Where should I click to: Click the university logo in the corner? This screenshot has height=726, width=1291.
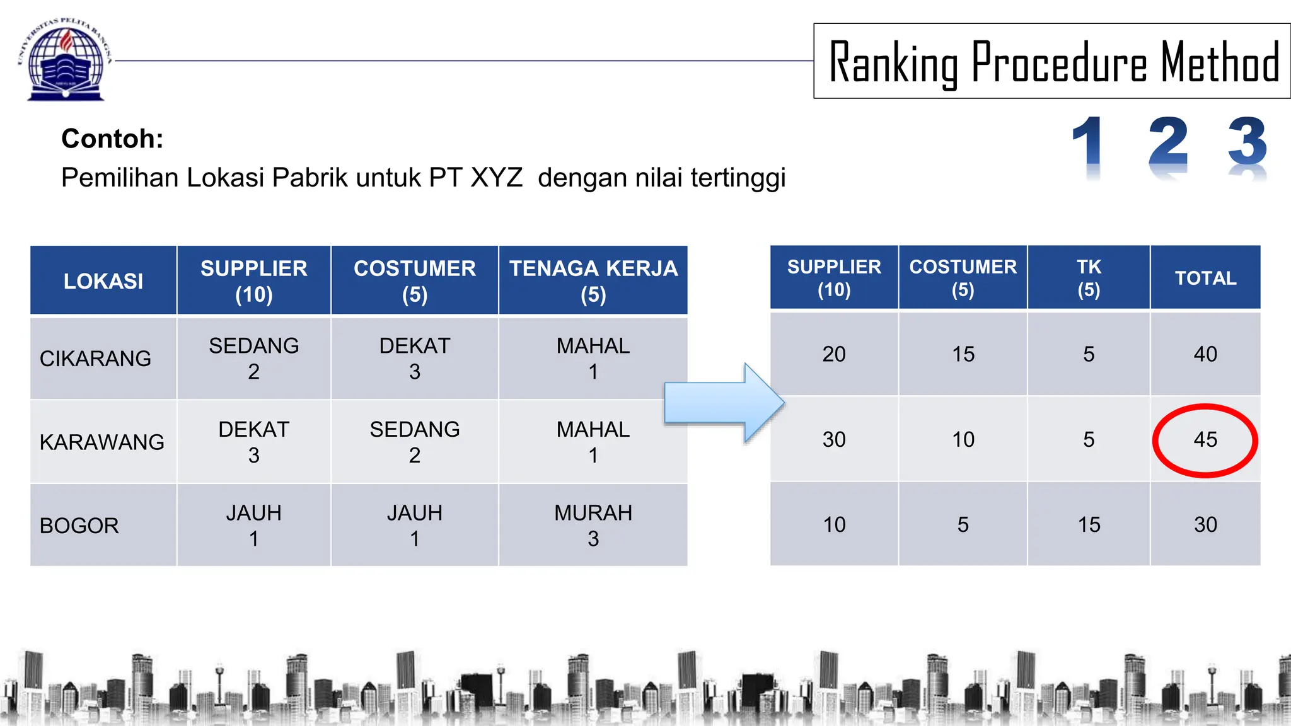66,60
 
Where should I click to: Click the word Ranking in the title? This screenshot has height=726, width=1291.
893,63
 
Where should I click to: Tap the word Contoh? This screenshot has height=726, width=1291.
112,139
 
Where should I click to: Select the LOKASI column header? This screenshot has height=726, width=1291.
103,281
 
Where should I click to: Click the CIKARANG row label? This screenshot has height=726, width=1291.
95,359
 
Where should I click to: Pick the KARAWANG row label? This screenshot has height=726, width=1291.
101,442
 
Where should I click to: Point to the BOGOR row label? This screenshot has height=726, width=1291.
79,526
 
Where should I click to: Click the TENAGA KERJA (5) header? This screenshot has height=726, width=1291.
593,281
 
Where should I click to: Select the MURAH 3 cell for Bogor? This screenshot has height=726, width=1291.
593,526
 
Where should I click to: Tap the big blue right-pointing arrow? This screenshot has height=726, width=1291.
724,403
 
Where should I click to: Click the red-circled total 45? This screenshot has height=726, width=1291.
1205,440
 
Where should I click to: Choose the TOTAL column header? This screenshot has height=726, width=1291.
1205,278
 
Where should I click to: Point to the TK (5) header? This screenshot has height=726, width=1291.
1089,278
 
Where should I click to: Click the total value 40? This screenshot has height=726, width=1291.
1205,354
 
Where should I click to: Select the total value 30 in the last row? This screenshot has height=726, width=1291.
1205,524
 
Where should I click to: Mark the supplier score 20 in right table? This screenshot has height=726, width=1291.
834,354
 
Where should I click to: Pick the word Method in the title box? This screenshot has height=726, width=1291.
1220,63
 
